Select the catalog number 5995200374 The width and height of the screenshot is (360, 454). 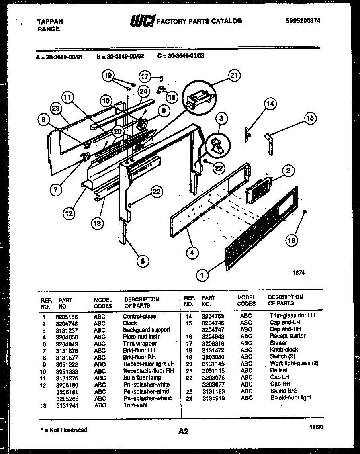tap(303, 21)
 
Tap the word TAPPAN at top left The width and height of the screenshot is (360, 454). tap(50, 22)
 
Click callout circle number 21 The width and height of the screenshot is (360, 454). tap(234, 75)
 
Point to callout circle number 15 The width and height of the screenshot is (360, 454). tap(310, 118)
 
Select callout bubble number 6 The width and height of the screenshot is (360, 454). tap(142, 261)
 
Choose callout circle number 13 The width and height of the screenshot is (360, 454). tap(97, 223)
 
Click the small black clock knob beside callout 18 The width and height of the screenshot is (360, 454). tap(305, 211)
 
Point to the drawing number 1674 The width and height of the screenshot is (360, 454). tap(299, 272)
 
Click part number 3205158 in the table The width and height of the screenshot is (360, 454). tap(66, 317)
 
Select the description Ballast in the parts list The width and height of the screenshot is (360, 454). tap(278, 370)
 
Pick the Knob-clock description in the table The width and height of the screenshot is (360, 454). tap(284, 350)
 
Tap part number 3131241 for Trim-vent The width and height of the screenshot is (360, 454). tap(66, 405)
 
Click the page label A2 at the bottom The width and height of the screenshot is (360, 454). tap(183, 432)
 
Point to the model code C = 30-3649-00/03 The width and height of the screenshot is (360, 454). tap(181, 56)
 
